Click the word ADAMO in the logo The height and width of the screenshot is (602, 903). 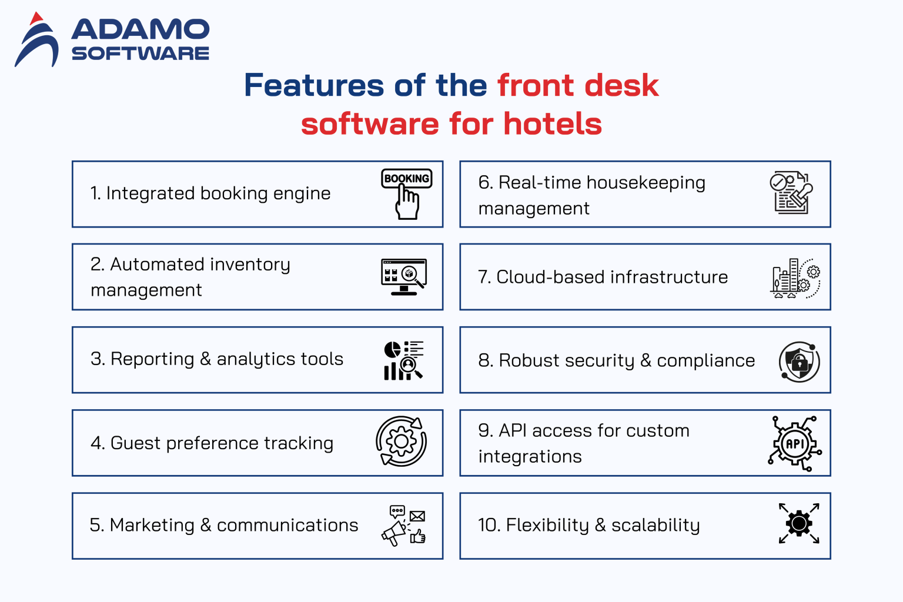coord(140,29)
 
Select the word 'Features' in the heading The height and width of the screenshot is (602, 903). coord(314,85)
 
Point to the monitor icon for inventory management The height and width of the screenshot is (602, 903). coord(404,276)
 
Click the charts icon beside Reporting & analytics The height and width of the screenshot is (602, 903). coord(403,360)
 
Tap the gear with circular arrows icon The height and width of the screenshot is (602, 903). coord(402,442)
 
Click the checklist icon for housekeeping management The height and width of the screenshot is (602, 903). coord(791,193)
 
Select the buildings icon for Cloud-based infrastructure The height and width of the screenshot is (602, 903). coord(795,278)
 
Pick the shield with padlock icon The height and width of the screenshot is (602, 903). coord(799,362)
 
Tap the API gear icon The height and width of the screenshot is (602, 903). coord(795,443)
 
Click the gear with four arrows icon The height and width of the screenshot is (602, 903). coord(799,523)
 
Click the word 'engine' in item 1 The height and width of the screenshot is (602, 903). coord(302,194)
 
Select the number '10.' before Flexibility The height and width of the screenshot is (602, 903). coord(489,525)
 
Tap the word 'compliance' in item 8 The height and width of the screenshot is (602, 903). coord(705,360)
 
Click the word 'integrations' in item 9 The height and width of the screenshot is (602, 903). coord(530,457)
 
